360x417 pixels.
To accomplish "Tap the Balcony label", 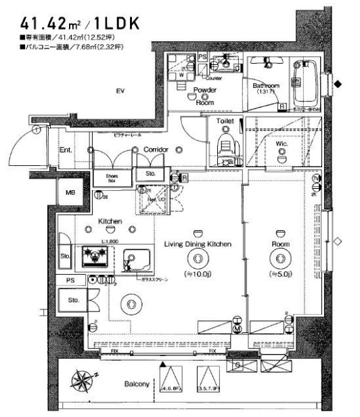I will [136, 384].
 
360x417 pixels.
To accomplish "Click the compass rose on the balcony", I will [85, 380].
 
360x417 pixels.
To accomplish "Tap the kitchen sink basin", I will [137, 259].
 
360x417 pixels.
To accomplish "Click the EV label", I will [120, 91].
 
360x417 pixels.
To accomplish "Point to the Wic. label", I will [282, 144].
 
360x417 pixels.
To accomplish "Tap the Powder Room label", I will [204, 95].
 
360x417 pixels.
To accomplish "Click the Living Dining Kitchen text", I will [198, 243].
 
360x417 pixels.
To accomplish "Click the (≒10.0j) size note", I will [198, 273].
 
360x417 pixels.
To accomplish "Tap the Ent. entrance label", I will [66, 150].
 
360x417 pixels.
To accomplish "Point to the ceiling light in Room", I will [279, 258].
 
